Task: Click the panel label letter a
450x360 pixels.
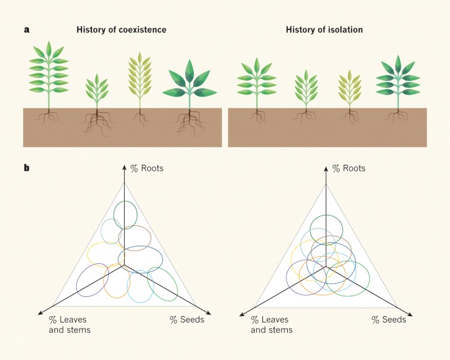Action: [27, 30]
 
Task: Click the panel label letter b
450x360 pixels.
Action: [27, 168]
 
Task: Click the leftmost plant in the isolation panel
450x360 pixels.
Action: [257, 82]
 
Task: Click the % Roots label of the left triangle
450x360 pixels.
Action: [147, 169]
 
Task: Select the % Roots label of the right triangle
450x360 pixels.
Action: [349, 169]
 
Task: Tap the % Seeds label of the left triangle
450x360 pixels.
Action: [187, 320]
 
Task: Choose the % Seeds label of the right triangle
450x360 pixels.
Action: [388, 320]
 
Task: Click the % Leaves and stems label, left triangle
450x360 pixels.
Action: [68, 325]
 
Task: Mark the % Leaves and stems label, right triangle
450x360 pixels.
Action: [270, 325]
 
